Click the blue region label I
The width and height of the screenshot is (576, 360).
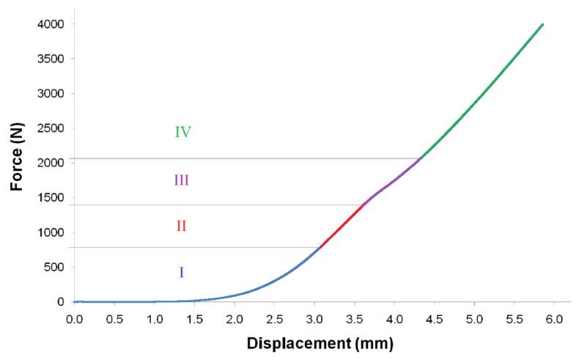(x=181, y=273)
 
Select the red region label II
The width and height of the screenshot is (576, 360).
(x=181, y=227)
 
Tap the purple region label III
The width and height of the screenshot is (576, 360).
(x=182, y=180)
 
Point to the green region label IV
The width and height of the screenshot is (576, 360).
(x=182, y=133)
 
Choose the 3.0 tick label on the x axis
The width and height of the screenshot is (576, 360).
(x=314, y=320)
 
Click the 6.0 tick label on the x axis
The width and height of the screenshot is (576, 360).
(x=554, y=320)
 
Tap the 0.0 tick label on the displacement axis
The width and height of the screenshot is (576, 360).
(x=74, y=320)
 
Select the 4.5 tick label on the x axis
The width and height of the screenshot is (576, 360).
(x=435, y=320)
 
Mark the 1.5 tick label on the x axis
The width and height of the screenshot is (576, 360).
(x=194, y=320)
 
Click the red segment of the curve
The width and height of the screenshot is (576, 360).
(x=341, y=227)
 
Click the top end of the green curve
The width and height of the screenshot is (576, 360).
(x=542, y=24)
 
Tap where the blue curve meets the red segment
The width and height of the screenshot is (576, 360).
(x=320, y=247)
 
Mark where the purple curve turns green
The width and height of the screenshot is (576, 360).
(x=420, y=158)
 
